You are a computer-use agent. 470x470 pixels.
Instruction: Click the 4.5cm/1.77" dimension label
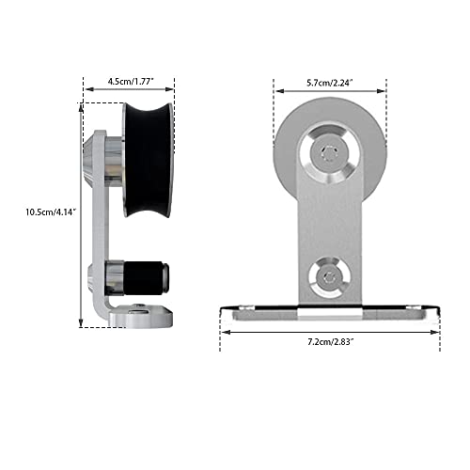(131, 82)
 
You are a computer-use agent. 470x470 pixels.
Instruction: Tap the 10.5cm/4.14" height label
(51, 211)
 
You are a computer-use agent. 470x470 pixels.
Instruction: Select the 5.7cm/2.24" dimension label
(330, 83)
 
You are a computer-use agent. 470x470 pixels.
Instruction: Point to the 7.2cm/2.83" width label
(331, 341)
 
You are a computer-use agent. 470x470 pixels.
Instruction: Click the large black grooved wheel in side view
(148, 160)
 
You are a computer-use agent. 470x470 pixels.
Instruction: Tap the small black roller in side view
(147, 278)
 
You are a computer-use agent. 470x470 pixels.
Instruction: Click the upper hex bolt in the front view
(330, 153)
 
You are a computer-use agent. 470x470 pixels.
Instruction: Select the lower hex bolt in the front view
(328, 277)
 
